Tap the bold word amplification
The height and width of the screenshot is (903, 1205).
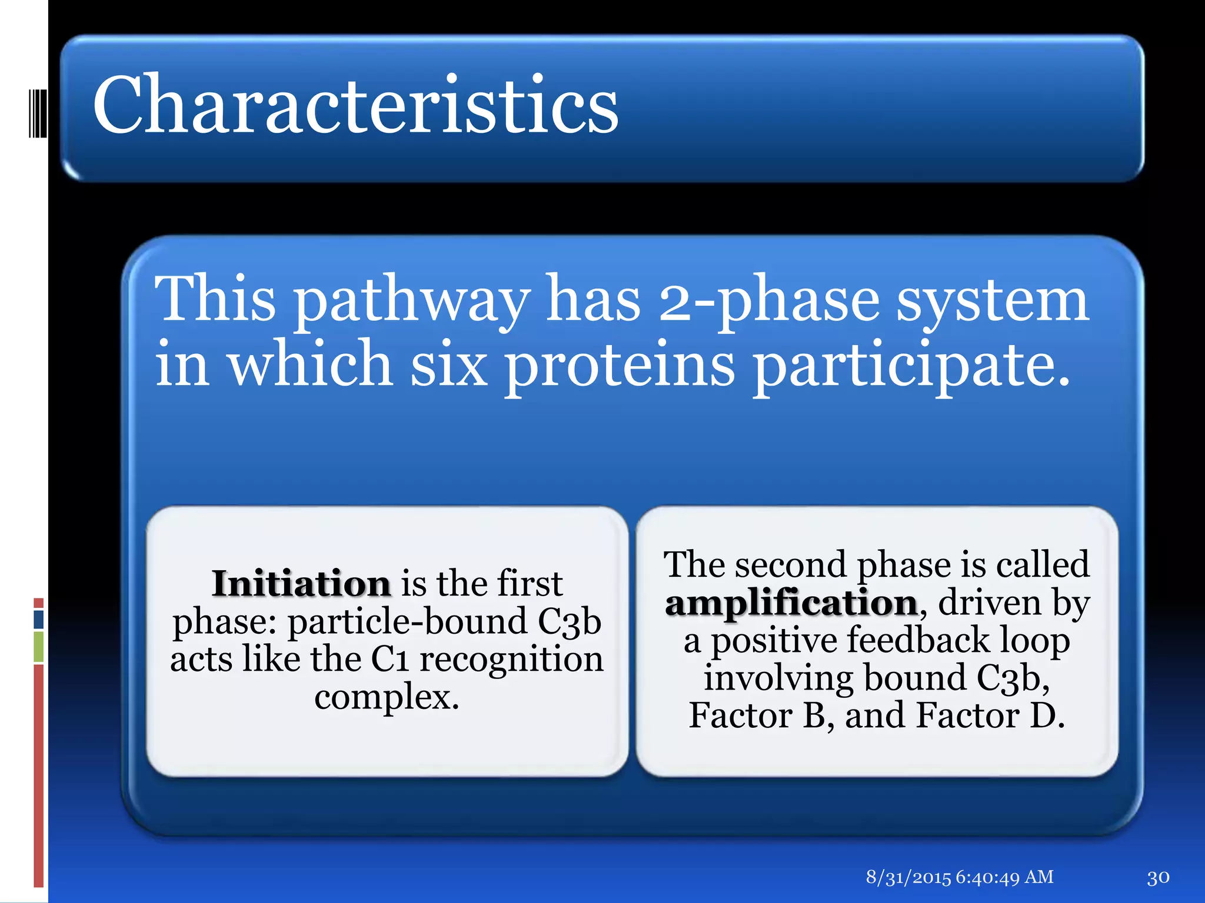791,603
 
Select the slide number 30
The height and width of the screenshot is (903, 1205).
1158,878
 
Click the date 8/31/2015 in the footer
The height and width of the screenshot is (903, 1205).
908,877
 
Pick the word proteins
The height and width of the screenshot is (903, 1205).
620,366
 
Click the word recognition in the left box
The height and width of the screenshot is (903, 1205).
511,659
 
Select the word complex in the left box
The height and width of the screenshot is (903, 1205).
387,697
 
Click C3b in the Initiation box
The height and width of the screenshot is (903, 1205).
569,622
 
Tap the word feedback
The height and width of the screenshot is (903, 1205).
918,640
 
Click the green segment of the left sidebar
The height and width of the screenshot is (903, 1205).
39,647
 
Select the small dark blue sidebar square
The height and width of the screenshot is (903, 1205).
39,619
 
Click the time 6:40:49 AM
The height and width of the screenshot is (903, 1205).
1004,877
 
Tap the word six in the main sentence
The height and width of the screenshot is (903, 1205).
449,366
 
